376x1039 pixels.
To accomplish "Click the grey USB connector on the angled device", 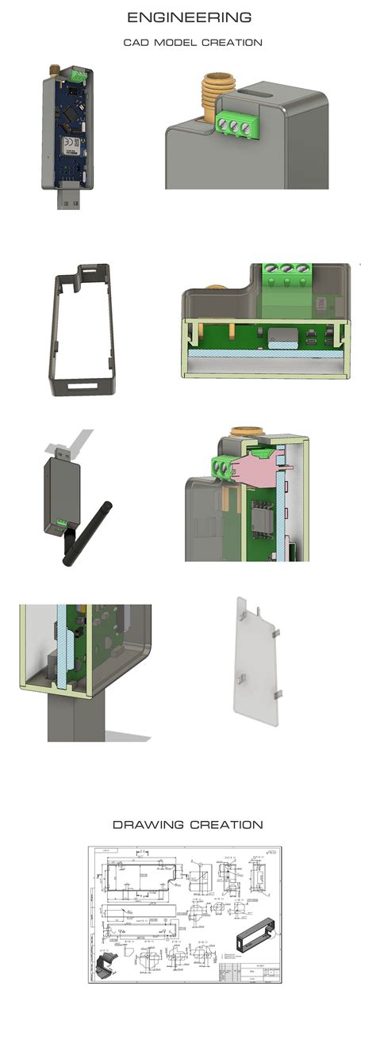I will pos(77,441).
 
